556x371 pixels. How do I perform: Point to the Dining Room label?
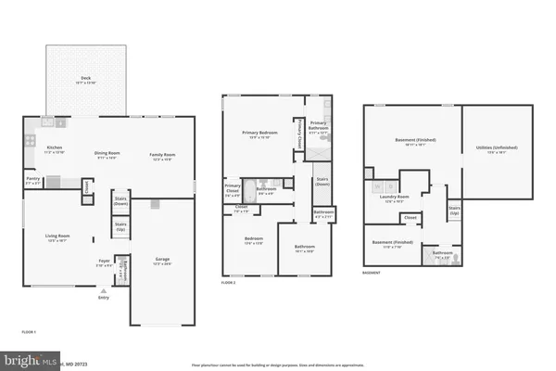point(108,155)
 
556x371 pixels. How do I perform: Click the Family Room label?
point(165,155)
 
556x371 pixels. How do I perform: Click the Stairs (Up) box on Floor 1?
point(120,224)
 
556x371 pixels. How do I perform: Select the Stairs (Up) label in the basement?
point(454,211)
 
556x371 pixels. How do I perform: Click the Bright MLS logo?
point(30,360)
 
